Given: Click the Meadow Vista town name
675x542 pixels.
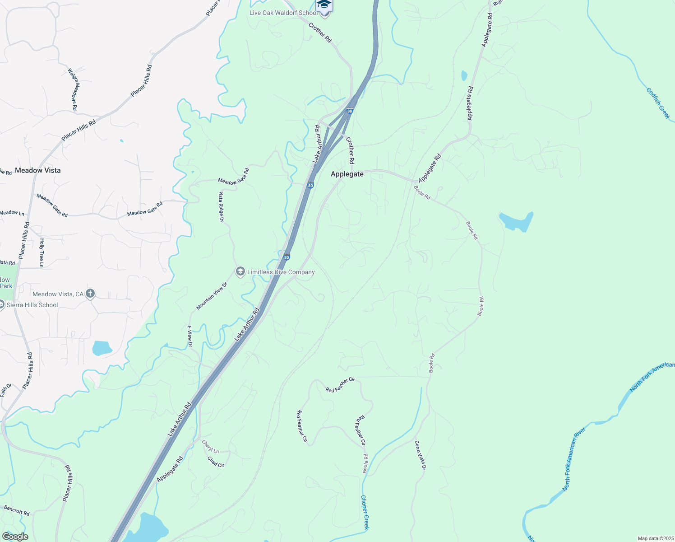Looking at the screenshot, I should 38,170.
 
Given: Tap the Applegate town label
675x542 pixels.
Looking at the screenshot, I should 347,174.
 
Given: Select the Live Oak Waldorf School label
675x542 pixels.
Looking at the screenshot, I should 283,13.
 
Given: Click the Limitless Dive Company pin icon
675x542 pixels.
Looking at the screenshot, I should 240,271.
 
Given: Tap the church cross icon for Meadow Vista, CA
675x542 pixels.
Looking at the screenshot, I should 90,294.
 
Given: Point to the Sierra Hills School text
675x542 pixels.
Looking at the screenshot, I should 32,305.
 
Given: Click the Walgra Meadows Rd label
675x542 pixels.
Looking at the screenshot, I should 73,89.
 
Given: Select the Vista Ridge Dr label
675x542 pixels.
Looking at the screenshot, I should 221,206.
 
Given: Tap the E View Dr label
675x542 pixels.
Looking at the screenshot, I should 190,336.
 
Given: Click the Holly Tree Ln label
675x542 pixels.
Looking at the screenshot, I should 42,253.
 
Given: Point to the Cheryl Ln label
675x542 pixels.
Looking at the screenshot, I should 210,447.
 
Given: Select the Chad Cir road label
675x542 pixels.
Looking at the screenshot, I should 216,462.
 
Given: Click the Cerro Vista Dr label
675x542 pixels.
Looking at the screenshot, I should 420,455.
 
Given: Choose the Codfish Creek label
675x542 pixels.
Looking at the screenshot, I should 658,103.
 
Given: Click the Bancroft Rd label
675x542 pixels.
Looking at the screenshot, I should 17,510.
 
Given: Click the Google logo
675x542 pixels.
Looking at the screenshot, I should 15,537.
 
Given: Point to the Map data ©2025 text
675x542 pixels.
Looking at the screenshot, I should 655,538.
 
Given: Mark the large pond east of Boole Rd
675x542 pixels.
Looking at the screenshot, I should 516,221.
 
